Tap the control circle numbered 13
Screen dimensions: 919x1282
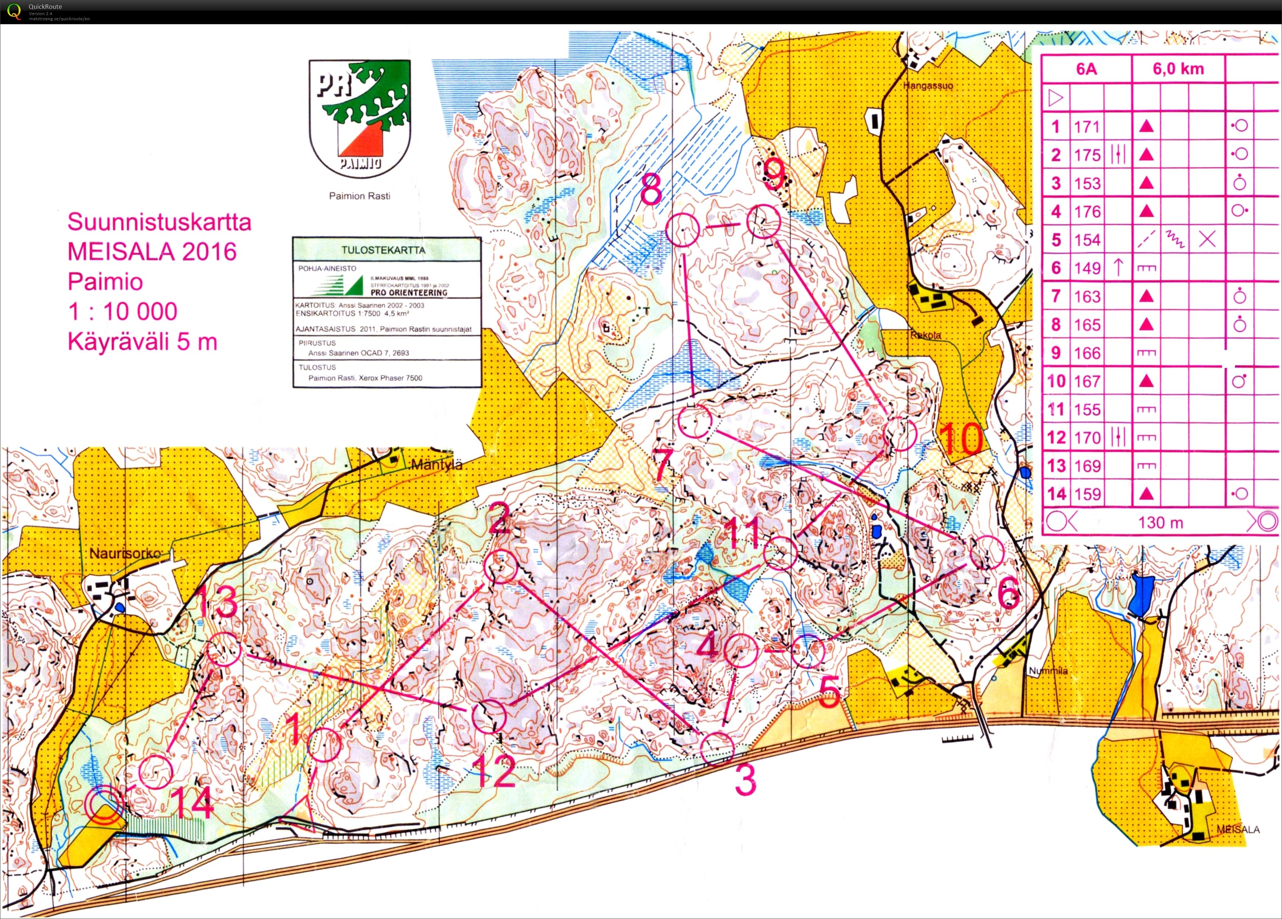pos(223,649)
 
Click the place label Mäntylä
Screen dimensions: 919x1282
pos(436,465)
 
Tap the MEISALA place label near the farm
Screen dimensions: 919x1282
pos(1238,829)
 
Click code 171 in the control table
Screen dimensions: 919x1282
pos(1086,127)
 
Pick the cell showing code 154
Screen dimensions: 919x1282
pos(1086,239)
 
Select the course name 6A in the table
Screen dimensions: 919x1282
pos(1086,69)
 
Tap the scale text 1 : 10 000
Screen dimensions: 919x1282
pos(123,311)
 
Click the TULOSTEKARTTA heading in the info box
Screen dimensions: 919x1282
pos(383,250)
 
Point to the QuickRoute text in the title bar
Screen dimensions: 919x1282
pos(45,6)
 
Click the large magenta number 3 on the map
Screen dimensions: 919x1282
pos(745,780)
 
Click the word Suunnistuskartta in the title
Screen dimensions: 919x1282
pos(159,221)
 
